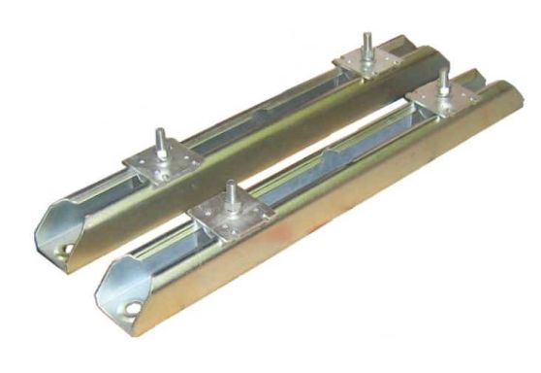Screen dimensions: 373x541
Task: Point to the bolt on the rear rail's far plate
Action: coord(368,45)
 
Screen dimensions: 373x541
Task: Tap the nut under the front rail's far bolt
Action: coord(442,93)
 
